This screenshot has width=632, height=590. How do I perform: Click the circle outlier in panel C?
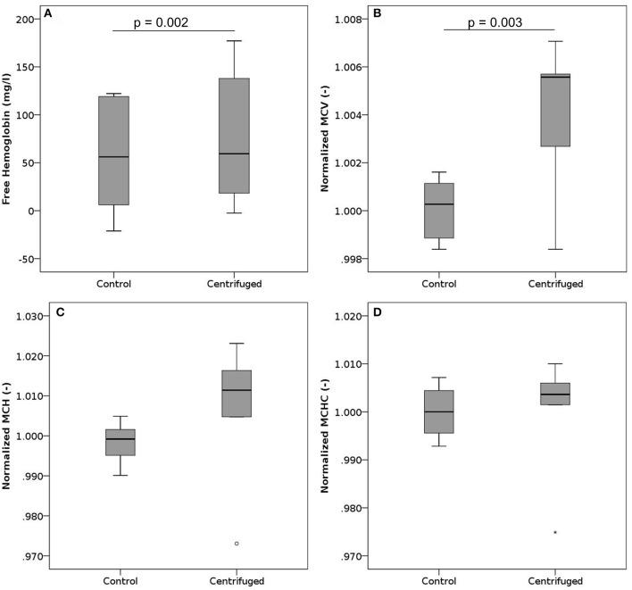237,544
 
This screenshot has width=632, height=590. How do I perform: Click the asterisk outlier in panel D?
555,533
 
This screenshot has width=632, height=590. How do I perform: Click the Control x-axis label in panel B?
437,284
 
